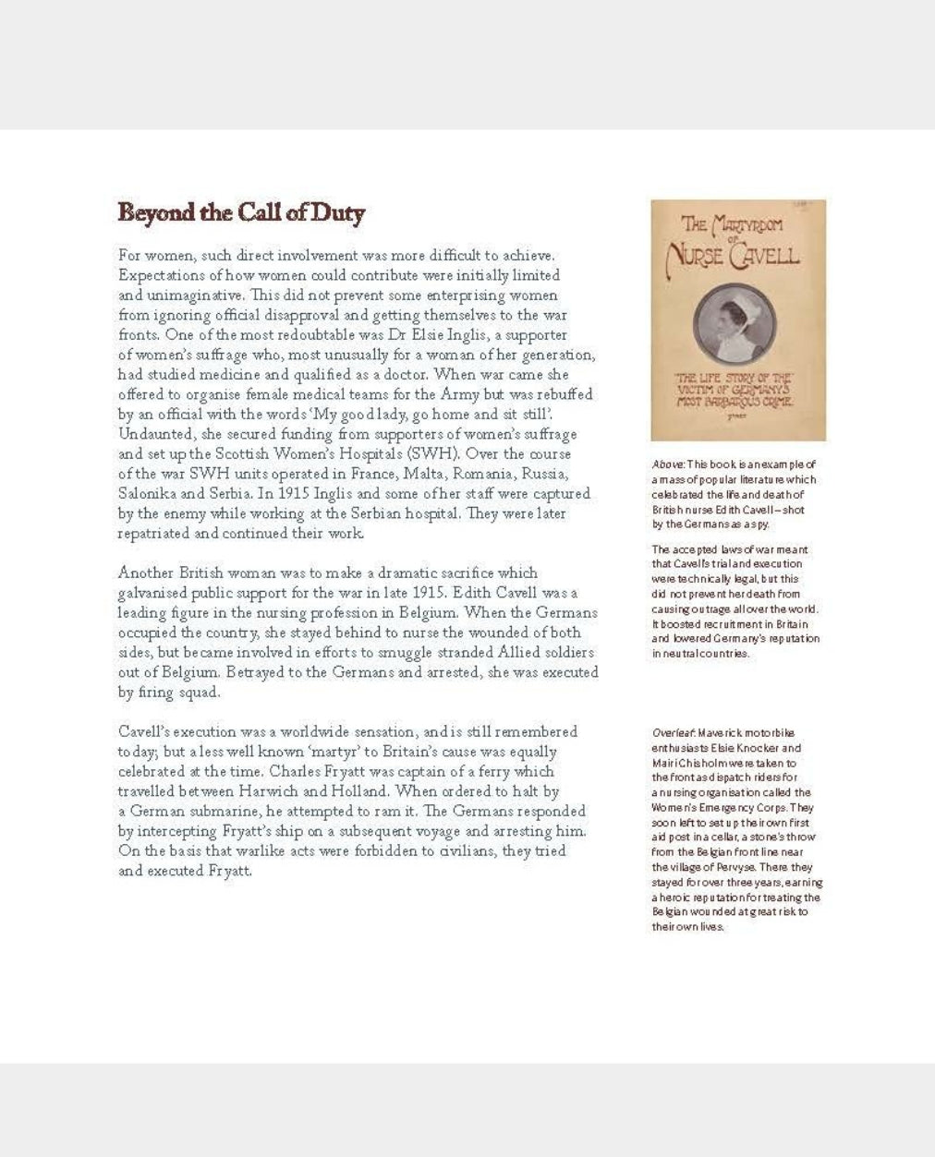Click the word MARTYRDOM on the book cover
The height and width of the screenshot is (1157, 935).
pos(746,224)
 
